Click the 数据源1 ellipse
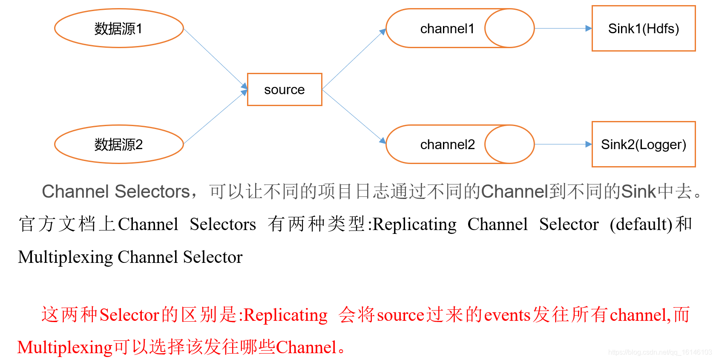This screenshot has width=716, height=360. coord(119,29)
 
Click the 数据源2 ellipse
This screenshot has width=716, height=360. coord(119,144)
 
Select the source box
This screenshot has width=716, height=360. coord(285,89)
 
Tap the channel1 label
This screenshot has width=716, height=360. coord(447,29)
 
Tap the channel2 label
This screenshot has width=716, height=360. coord(447,144)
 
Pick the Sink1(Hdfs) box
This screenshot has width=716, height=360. coord(643,29)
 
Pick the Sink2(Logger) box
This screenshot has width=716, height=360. coord(643,144)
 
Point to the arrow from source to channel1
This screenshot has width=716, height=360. coord(354,59)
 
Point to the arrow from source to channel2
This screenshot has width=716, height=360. coord(354,116)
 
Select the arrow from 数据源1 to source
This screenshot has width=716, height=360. coord(216,59)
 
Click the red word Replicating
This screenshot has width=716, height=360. coord(285,315)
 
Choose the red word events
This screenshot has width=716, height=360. coord(507,315)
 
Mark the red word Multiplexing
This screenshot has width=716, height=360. coord(65,348)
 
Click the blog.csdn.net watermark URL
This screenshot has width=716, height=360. coord(660,352)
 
